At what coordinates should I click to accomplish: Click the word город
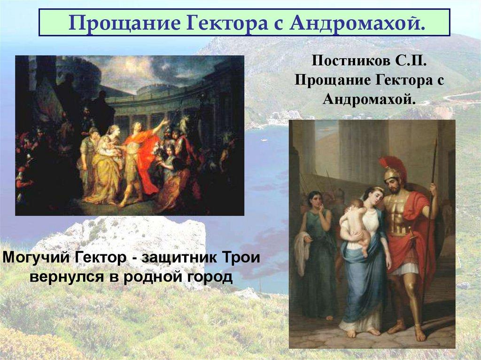pyautogui.click(x=210, y=277)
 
